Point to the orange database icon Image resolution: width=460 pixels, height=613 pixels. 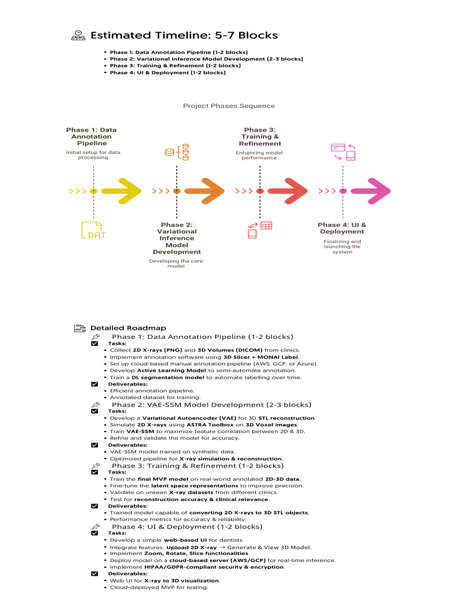(177, 153)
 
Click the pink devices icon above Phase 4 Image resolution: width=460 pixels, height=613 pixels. (343, 152)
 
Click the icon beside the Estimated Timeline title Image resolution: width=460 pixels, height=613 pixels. (78, 35)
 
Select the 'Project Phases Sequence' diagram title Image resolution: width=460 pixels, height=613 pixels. (229, 106)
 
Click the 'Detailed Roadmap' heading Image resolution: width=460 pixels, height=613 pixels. (128, 328)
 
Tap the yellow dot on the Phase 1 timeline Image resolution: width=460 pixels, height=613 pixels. (93, 191)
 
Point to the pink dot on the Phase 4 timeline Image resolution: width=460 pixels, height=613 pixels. (343, 191)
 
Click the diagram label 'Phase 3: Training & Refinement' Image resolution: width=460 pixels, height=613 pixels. (260, 136)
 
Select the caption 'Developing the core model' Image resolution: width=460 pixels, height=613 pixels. (176, 263)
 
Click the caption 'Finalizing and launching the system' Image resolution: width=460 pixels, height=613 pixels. (342, 247)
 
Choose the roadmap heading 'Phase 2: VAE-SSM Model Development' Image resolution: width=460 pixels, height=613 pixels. (211, 405)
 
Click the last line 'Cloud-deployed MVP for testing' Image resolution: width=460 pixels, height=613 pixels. (159, 587)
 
